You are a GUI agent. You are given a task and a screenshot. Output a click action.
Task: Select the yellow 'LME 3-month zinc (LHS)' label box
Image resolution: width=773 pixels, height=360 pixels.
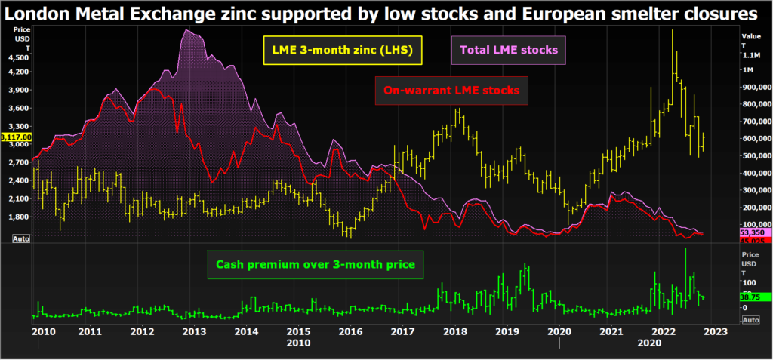342,51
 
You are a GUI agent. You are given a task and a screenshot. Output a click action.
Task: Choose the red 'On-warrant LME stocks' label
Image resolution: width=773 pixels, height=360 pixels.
451,90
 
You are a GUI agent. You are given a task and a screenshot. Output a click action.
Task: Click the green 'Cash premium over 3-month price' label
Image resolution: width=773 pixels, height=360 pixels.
316,265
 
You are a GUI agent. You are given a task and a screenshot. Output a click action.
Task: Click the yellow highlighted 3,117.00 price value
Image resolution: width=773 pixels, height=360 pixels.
15,137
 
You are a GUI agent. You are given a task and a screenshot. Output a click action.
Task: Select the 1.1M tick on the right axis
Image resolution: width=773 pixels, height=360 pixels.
752,56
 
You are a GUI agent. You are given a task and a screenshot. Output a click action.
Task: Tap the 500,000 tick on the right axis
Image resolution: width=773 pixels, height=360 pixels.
755,155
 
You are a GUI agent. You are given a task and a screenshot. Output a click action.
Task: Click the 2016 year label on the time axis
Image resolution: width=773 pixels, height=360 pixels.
350,331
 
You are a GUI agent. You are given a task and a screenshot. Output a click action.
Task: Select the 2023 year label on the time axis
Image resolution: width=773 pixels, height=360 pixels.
716,331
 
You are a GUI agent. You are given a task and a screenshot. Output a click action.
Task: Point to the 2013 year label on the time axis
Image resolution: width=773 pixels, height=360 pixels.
193,331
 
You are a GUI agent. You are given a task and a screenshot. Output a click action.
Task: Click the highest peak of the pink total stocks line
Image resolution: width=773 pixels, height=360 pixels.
186,31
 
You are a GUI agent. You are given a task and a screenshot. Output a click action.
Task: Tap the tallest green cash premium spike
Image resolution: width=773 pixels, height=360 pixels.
685,248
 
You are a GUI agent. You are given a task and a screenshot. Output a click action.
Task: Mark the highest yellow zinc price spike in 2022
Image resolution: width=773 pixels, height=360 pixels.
672,30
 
